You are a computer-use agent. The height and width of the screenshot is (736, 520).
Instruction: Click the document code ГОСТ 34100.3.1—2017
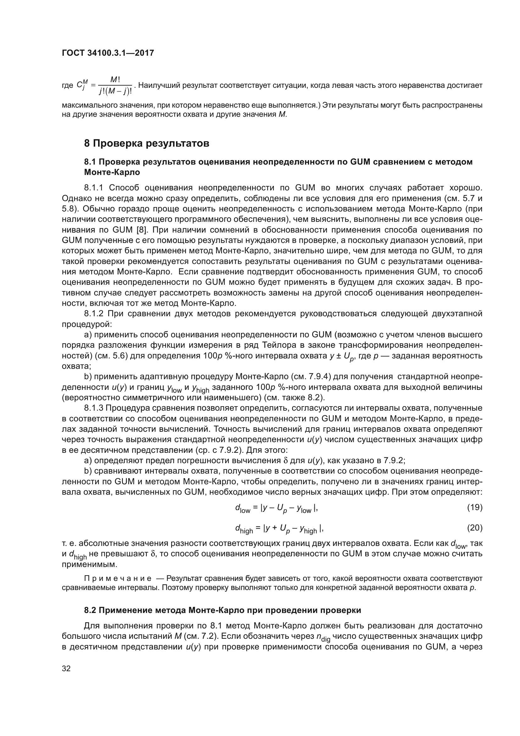point(108,53)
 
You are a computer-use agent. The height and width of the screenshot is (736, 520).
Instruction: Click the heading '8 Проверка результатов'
point(146,143)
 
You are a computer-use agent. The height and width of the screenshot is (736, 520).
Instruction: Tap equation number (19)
point(474,507)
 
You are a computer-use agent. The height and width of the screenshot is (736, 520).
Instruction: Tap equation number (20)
point(474,528)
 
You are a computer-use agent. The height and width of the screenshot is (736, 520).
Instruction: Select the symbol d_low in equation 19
point(242,508)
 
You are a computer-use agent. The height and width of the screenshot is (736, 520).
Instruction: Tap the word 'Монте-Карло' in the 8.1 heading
point(112,172)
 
